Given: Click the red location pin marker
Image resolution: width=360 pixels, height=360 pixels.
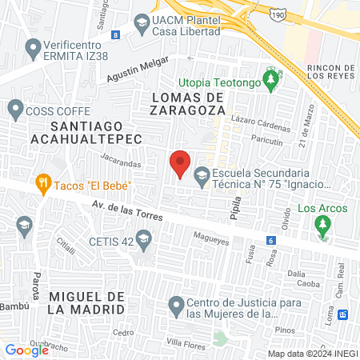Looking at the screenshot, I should (181, 162).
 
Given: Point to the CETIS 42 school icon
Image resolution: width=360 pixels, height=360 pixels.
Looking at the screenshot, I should (143, 238).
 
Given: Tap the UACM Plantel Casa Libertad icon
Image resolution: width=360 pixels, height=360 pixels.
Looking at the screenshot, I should (142, 22).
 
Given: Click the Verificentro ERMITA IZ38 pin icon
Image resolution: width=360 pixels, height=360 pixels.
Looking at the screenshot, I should (33, 50).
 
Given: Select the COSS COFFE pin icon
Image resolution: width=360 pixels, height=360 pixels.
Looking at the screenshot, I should (15, 108).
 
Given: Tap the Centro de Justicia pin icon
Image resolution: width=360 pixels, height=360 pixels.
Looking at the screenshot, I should (176, 304).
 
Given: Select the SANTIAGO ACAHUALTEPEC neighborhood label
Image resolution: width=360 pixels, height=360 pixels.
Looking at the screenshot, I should (86, 132).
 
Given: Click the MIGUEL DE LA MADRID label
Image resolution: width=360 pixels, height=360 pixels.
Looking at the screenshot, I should (86, 302).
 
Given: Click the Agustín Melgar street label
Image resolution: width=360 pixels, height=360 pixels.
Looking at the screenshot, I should (138, 70).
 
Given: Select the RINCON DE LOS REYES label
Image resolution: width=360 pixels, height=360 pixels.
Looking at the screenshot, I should (330, 73).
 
